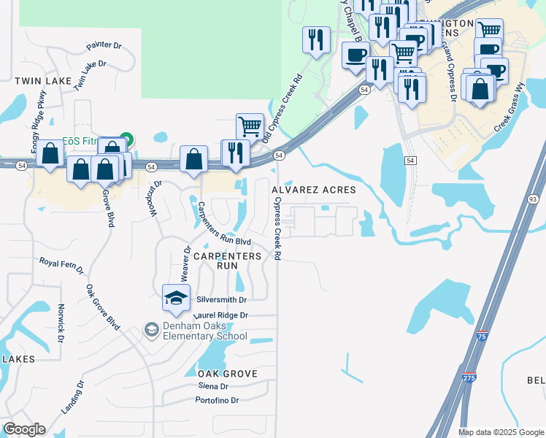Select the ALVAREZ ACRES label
(314, 190)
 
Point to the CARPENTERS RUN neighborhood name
(227, 261)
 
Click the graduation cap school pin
(175, 296)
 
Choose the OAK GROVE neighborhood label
(228, 374)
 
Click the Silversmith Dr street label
(222, 300)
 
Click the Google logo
(24, 429)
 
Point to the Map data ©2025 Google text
(500, 432)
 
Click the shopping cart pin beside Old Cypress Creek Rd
(250, 126)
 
